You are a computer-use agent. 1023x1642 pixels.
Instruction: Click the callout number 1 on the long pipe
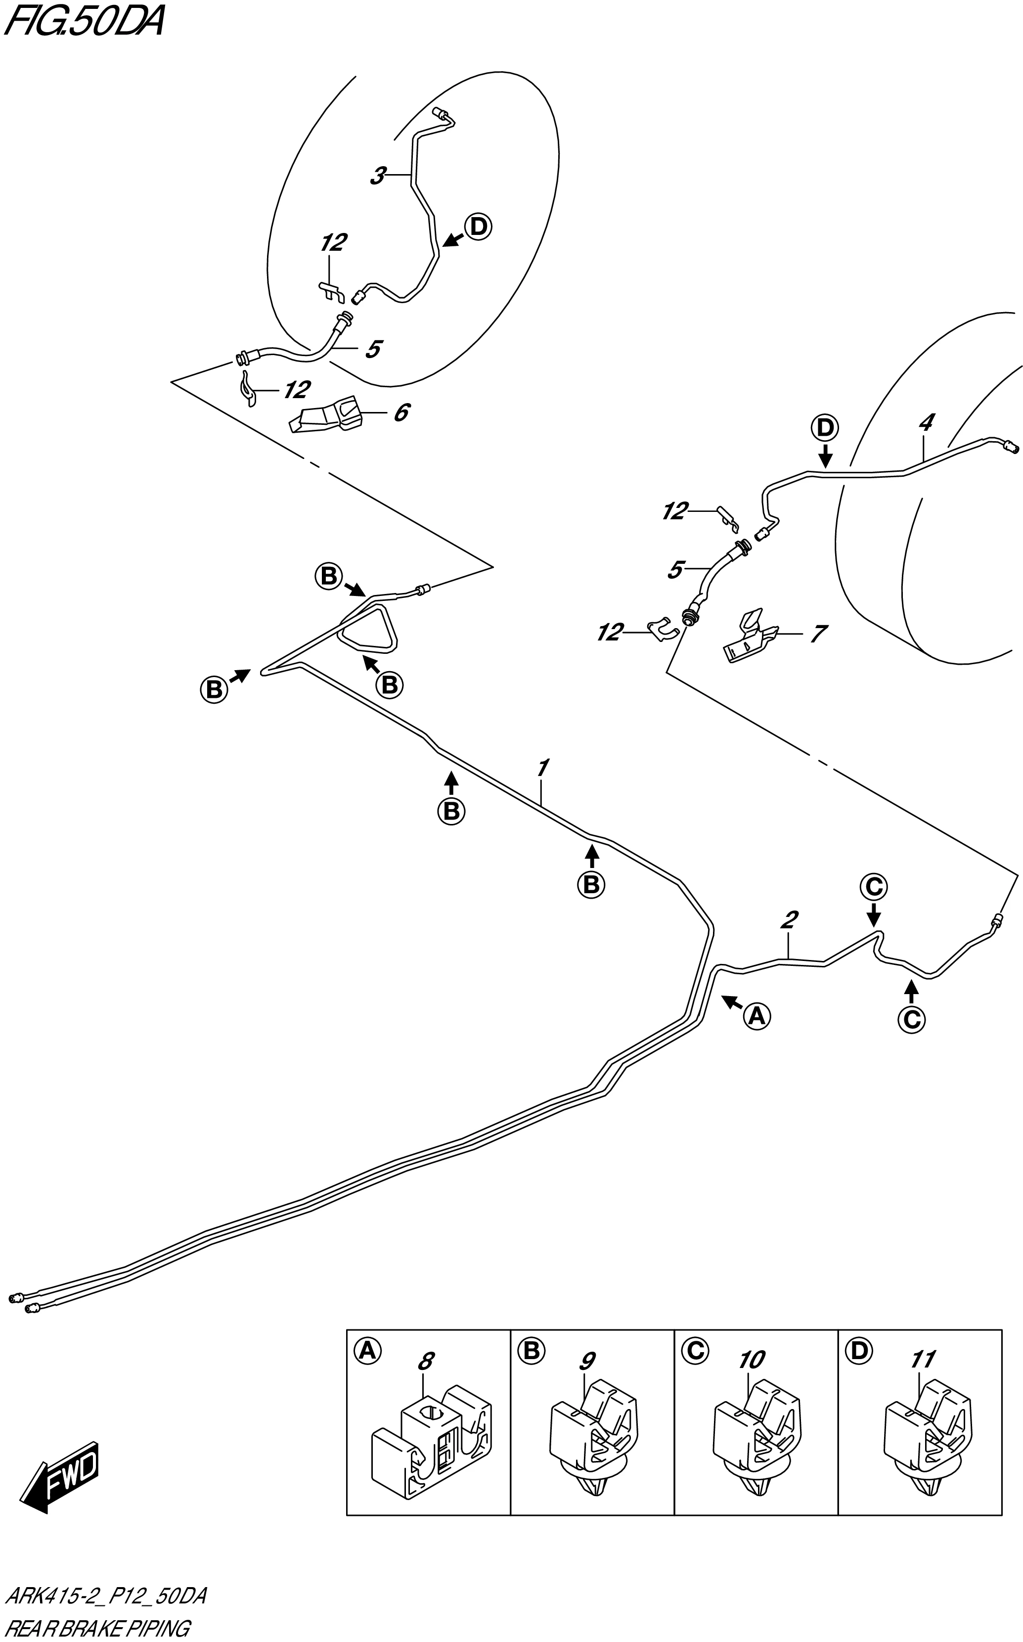click(x=542, y=768)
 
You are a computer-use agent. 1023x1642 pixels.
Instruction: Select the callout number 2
click(x=788, y=919)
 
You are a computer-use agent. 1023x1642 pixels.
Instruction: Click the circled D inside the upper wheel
click(x=478, y=227)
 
